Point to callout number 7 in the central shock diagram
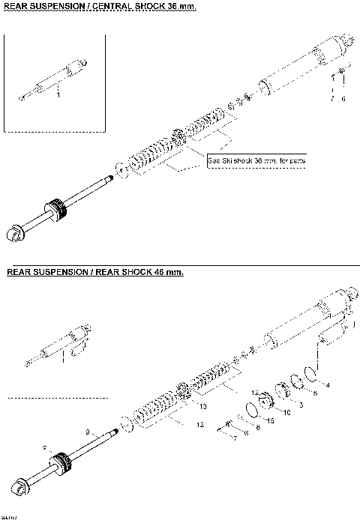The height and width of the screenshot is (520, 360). click(333, 98)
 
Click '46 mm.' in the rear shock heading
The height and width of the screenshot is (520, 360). click(164, 272)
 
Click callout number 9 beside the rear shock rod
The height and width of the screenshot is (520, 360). click(88, 432)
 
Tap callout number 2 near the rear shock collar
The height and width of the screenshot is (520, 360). click(45, 449)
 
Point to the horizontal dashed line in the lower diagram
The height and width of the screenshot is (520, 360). click(57, 398)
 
